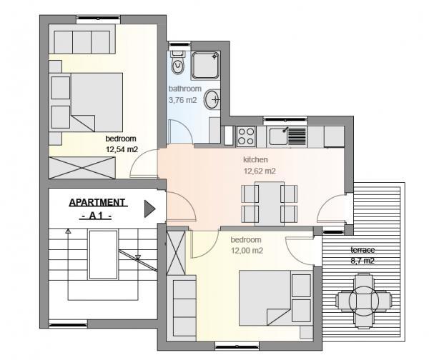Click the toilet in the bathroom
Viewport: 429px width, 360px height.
click(177, 62)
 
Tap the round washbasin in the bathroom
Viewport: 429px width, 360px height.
click(212, 99)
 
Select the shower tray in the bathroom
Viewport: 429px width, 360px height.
click(205, 66)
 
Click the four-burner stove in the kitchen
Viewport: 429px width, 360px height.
click(246, 136)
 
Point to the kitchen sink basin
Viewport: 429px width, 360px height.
click(278, 136)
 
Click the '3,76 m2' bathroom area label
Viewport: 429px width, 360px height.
click(182, 100)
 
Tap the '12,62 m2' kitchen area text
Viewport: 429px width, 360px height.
click(260, 171)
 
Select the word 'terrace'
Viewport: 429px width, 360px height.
click(363, 250)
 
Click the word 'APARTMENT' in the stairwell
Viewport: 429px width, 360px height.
click(97, 203)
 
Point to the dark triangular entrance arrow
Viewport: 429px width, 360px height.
click(149, 209)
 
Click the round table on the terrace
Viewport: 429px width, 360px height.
click(364, 301)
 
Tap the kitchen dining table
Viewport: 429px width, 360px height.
click(270, 204)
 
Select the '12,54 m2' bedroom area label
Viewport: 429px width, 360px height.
click(122, 149)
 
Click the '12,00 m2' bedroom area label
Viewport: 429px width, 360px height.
click(247, 251)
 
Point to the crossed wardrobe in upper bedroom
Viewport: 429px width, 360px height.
click(82, 168)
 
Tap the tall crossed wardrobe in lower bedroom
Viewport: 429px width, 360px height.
click(176, 253)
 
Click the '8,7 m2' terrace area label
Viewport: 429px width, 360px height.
click(363, 261)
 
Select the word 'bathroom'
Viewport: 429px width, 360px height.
click(185, 89)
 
